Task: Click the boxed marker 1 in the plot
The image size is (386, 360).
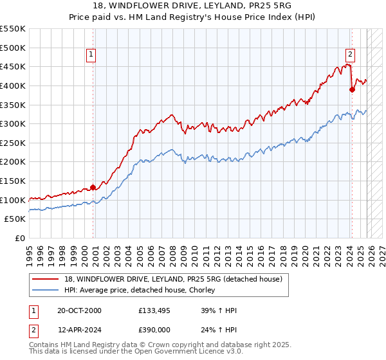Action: pyautogui.click(x=91, y=55)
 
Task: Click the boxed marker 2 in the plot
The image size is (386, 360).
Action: pyautogui.click(x=351, y=55)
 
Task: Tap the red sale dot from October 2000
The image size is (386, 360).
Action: pyautogui.click(x=93, y=188)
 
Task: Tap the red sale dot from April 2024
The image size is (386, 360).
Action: pyautogui.click(x=352, y=90)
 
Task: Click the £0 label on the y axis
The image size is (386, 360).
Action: pyautogui.click(x=19, y=239)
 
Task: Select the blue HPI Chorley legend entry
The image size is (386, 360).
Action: pyautogui.click(x=142, y=290)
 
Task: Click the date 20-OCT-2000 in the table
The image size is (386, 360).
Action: pyautogui.click(x=80, y=310)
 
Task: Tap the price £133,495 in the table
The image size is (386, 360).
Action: pyautogui.click(x=154, y=310)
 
